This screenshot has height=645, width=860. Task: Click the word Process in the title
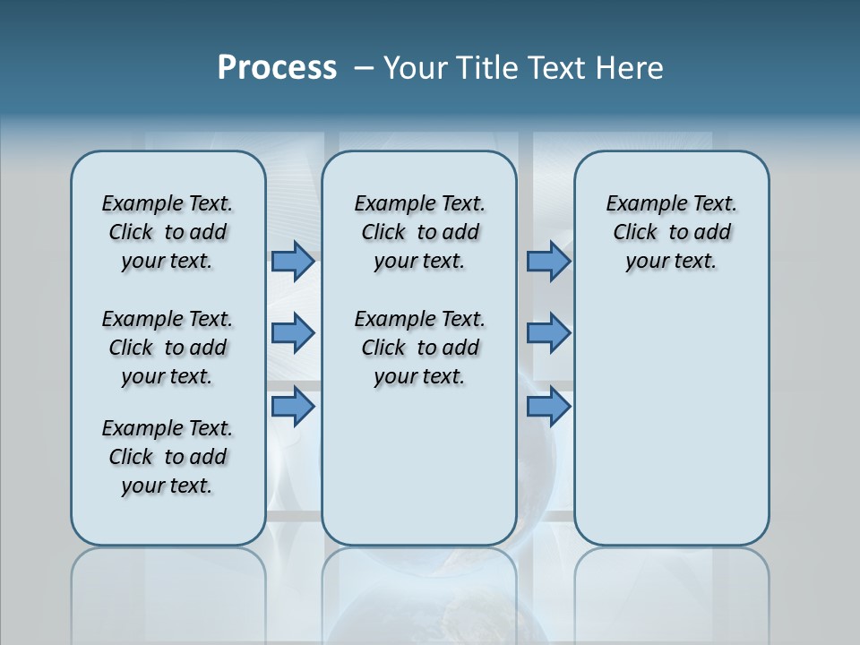pos(277,68)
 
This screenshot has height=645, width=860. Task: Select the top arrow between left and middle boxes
pos(293,262)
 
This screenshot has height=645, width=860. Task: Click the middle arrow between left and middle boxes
pos(293,333)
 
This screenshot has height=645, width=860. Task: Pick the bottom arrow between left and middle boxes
pos(293,407)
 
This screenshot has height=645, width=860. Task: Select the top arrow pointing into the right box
pos(548,262)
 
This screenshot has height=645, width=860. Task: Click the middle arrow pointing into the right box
pos(548,333)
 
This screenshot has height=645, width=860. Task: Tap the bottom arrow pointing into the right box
pos(548,407)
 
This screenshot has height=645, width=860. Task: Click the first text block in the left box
pos(168,232)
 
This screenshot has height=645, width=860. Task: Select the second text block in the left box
pos(168,348)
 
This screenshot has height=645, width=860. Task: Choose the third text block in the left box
pos(168,457)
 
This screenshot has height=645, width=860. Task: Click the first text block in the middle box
pos(419,232)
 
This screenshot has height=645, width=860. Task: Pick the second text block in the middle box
pos(419,348)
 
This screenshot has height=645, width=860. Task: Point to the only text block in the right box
pos(671,232)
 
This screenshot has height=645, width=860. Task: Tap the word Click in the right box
pos(635,233)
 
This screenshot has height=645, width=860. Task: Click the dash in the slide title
pos(364,68)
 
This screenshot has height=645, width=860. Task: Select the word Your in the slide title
pos(417,68)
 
